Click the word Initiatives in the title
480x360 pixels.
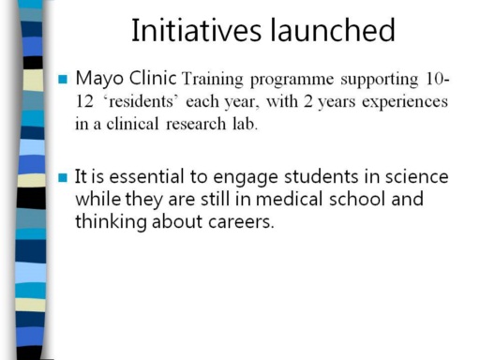196,30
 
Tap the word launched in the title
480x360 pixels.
333,30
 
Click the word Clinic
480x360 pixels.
153,78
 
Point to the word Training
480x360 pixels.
213,80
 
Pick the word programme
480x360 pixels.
292,81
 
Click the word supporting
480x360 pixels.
380,80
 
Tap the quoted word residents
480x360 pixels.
141,101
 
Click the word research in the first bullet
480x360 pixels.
196,124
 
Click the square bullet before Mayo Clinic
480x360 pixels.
63,79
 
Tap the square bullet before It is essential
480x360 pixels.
63,177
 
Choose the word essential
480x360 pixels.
146,176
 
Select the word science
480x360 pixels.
417,176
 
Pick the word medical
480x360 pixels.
289,199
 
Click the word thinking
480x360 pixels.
111,222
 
